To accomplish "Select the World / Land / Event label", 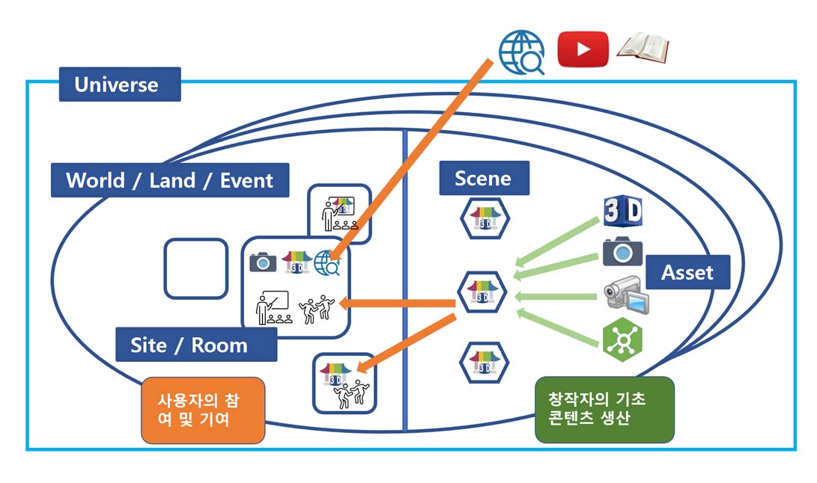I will (170, 180).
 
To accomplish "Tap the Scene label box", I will (483, 178).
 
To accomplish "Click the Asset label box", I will (687, 272).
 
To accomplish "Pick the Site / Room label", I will (189, 345).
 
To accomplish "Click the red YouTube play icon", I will (583, 49).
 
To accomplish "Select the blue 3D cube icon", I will (622, 212).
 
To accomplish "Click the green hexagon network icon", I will (622, 338).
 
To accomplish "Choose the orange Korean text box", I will (203, 410).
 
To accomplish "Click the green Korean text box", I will (604, 409).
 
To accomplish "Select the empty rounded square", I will (196, 268).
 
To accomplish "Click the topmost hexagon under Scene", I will (485, 218).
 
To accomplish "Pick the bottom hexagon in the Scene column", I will (484, 363).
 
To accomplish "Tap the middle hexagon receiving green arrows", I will (483, 292).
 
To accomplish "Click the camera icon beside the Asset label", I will (623, 251).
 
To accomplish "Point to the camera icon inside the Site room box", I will (263, 262).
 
